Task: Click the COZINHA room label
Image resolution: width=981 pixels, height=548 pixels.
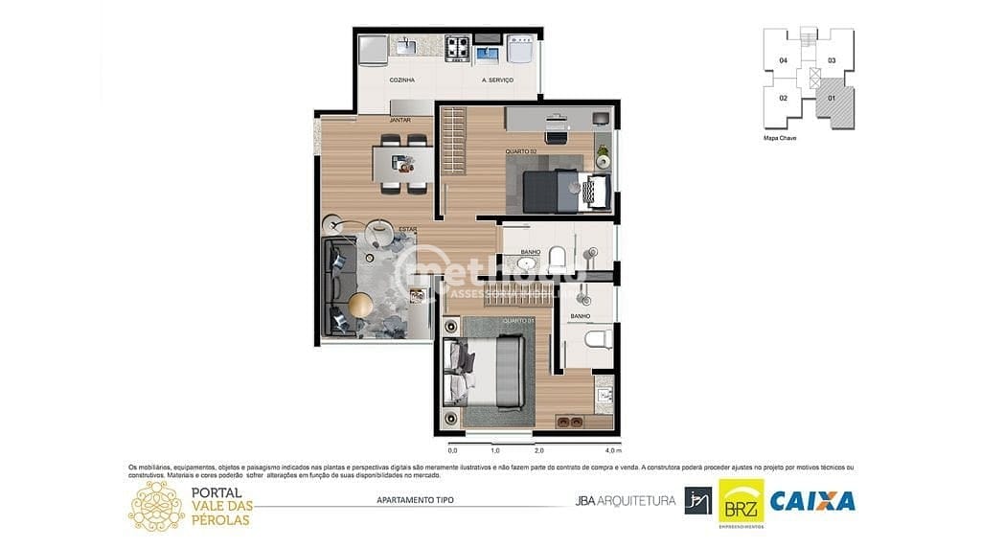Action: tap(401, 80)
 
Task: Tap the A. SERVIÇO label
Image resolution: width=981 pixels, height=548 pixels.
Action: tap(497, 80)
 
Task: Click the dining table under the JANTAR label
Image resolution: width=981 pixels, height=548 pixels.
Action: tap(403, 163)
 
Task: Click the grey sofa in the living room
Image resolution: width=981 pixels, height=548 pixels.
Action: tap(338, 287)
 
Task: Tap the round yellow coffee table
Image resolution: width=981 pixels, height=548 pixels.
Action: tap(360, 304)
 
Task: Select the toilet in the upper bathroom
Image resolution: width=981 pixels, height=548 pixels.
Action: tap(558, 256)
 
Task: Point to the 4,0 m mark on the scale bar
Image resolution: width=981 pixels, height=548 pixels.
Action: tap(613, 450)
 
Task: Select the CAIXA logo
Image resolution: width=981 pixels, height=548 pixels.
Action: tap(812, 500)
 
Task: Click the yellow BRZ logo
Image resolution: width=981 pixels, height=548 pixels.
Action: tap(741, 501)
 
